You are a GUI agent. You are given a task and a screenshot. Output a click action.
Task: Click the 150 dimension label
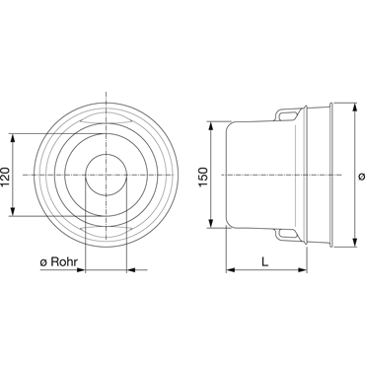(203, 177)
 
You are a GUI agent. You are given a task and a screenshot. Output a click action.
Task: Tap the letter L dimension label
(265, 261)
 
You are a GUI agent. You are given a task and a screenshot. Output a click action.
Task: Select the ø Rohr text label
(59, 262)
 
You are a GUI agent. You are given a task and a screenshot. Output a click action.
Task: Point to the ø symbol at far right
(361, 177)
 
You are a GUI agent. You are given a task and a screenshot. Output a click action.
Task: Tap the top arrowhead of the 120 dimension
(13, 138)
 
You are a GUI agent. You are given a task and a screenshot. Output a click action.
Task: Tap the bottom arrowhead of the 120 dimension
(13, 211)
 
